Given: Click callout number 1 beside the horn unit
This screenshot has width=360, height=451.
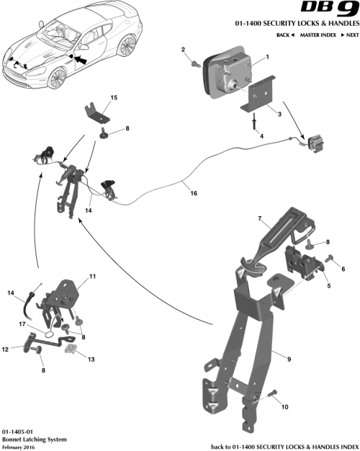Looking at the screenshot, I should (267, 57).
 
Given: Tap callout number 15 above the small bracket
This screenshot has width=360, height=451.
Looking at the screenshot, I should (113, 97).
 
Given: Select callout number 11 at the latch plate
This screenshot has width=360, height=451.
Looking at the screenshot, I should (92, 277).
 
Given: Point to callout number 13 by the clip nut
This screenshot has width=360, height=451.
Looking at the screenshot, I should (91, 357).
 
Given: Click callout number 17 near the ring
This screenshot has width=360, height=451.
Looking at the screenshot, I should (22, 325).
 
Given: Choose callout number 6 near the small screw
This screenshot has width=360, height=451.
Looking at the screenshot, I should (343, 269).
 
